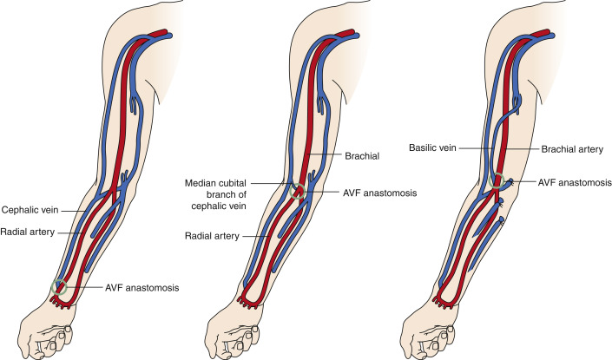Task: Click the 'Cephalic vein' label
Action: [30, 209]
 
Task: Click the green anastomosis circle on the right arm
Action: [499, 181]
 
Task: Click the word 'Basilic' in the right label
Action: [422, 149]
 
